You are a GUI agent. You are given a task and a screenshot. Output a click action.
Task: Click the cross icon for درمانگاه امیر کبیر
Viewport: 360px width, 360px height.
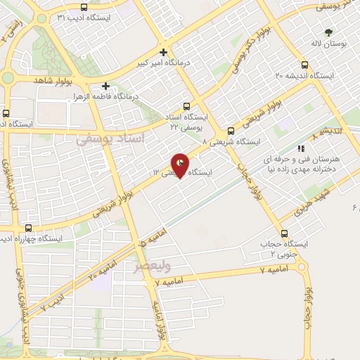[x=164, y=51]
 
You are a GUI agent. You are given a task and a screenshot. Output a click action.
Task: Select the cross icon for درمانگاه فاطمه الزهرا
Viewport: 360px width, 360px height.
[x=105, y=86]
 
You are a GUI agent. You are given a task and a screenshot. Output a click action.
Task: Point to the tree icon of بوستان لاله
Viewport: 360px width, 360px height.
[x=328, y=32]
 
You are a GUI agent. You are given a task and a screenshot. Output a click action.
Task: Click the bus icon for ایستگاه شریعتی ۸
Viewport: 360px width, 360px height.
[x=231, y=131]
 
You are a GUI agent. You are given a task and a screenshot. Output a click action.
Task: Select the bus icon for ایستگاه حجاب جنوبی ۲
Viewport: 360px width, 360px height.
[x=285, y=233]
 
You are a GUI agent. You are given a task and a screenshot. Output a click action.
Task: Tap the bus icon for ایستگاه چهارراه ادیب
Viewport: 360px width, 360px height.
[x=29, y=228]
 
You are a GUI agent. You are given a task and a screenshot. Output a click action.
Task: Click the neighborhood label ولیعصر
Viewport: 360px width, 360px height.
[x=151, y=266]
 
